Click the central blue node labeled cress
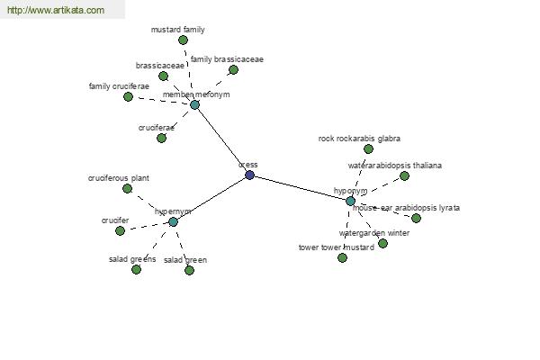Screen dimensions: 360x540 click(249, 175)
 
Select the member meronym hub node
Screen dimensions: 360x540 click(194, 104)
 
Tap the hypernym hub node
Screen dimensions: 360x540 click(173, 221)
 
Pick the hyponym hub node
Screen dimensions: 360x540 click(350, 201)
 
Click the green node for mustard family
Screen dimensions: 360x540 click(183, 40)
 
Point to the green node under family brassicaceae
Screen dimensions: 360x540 click(233, 69)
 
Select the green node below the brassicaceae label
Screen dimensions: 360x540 click(163, 76)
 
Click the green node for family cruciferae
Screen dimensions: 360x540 click(128, 96)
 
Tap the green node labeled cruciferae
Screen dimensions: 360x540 click(161, 138)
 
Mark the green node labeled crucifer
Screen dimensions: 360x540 click(120, 230)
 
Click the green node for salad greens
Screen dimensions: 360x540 click(136, 269)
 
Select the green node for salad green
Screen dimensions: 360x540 click(189, 270)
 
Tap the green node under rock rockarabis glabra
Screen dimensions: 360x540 click(368, 148)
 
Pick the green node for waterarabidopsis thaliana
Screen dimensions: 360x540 click(404, 175)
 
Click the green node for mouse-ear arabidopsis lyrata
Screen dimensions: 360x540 click(416, 218)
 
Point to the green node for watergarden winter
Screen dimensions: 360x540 click(382, 243)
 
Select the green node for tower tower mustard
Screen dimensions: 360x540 click(342, 257)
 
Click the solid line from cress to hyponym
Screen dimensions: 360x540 click(300, 187)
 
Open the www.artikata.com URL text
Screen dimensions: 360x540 click(55, 11)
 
